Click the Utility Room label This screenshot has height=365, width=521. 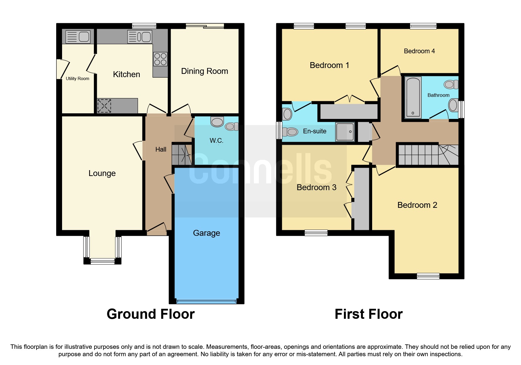tap(77, 79)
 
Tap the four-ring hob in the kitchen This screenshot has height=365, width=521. tap(160, 59)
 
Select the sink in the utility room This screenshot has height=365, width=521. tap(78, 37)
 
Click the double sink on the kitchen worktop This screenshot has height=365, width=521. tap(140, 37)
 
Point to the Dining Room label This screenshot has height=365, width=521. tap(204, 71)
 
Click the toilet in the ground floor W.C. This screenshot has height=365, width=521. tap(231, 127)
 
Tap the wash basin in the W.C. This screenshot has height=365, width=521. tap(217, 122)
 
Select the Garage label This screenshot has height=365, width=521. tap(206, 233)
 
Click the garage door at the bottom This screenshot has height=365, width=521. tap(206, 301)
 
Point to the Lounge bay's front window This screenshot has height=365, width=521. tap(102, 261)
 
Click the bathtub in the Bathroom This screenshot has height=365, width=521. tap(413, 97)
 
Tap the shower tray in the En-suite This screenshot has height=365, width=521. tap(345, 132)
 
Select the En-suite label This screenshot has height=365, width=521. tap(314, 131)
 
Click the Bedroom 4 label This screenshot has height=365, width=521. tap(419, 51)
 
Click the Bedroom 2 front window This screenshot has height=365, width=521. tap(428, 276)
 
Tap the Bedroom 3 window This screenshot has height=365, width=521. tap(316, 233)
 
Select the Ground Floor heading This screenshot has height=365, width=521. tap(151, 314)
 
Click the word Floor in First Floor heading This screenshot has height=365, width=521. tap(386, 314)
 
